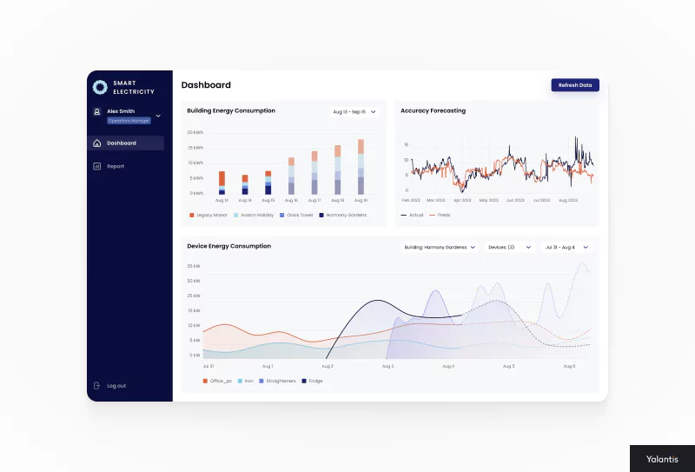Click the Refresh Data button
[575, 85]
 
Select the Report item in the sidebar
[116, 166]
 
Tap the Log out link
[116, 385]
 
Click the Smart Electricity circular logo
[100, 87]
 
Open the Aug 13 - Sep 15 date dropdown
[354, 111]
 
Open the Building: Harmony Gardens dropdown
[440, 247]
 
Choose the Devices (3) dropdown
[509, 247]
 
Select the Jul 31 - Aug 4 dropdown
[566, 247]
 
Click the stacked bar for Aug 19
[361, 166]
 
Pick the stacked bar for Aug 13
[222, 183]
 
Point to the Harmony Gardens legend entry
[343, 215]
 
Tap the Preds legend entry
[440, 215]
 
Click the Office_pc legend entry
[218, 381]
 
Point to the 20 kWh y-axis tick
[195, 132]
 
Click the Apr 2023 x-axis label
[463, 200]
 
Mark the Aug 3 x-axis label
[387, 366]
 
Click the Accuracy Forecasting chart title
[433, 110]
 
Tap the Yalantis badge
[662, 458]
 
